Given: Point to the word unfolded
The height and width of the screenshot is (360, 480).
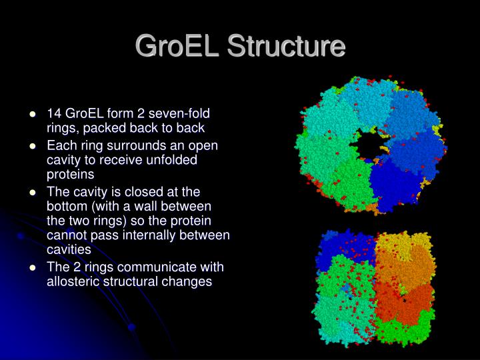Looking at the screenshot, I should tap(175, 160).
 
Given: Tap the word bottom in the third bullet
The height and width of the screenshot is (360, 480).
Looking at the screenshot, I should tap(67, 207).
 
